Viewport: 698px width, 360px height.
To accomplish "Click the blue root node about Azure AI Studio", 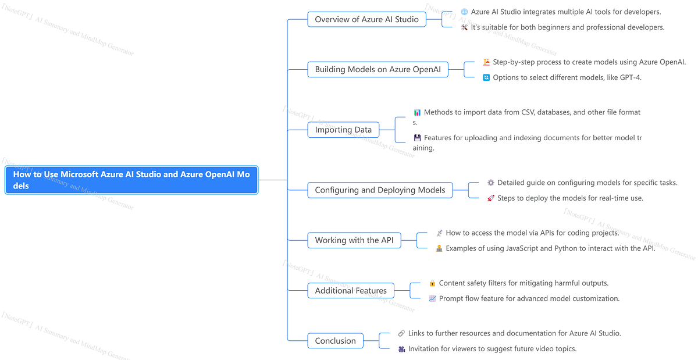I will click(x=131, y=180).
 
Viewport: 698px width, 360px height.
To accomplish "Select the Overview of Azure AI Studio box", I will click(x=366, y=19).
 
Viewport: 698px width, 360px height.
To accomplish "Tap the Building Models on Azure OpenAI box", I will click(x=378, y=70).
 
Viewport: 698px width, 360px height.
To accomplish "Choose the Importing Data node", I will click(x=343, y=130).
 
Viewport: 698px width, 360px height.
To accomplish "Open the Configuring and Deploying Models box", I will click(x=380, y=190).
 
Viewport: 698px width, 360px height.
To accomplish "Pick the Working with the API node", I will click(x=354, y=240).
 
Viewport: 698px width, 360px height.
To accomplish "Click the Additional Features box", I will click(x=351, y=291).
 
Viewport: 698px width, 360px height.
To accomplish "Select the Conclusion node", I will click(x=335, y=341).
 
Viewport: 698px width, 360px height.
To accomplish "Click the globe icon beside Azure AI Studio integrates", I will click(x=464, y=12).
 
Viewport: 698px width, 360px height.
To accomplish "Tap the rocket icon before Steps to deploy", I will click(x=490, y=198).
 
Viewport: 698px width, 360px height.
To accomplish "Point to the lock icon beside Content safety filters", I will click(x=432, y=283).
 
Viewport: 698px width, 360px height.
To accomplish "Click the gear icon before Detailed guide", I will click(x=490, y=183).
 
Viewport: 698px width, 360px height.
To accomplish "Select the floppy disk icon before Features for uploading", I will click(x=417, y=138).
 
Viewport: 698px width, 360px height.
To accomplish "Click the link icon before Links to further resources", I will click(x=401, y=333).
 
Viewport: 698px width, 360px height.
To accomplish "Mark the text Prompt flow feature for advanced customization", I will click(x=529, y=298).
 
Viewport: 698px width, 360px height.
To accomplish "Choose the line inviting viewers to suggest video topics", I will click(x=492, y=349).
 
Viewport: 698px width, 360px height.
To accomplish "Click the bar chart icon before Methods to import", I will click(x=417, y=112).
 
